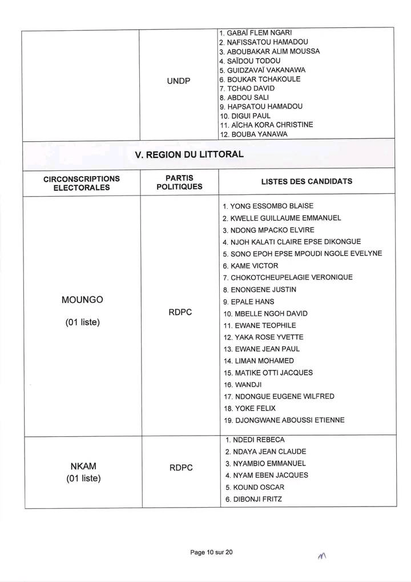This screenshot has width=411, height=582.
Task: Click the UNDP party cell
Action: pos(178,82)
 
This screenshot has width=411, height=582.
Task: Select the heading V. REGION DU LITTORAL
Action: pos(189,154)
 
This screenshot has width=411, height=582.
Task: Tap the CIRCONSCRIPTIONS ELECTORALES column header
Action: pos(82,183)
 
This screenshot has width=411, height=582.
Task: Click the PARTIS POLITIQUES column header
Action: pos(179,182)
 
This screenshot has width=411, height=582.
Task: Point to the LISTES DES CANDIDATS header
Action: pos(307,182)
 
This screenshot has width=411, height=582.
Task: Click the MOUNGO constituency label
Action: pos(82,300)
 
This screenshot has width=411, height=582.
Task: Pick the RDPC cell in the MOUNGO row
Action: pos(179,313)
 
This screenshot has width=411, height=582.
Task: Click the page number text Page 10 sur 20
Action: pos(212,552)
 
